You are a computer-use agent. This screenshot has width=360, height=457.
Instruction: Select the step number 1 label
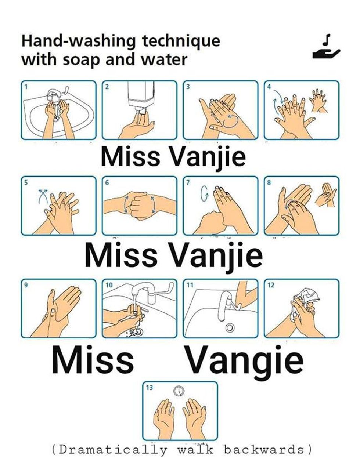[26, 87]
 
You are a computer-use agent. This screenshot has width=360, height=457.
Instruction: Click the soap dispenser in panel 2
[140, 94]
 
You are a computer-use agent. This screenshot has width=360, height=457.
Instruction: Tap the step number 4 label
[269, 87]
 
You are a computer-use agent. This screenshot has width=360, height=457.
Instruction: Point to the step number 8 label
[269, 182]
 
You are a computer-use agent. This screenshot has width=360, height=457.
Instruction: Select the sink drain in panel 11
[230, 327]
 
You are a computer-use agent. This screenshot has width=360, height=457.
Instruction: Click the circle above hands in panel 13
[179, 391]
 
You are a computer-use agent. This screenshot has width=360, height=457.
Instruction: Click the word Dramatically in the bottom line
[112, 449]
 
